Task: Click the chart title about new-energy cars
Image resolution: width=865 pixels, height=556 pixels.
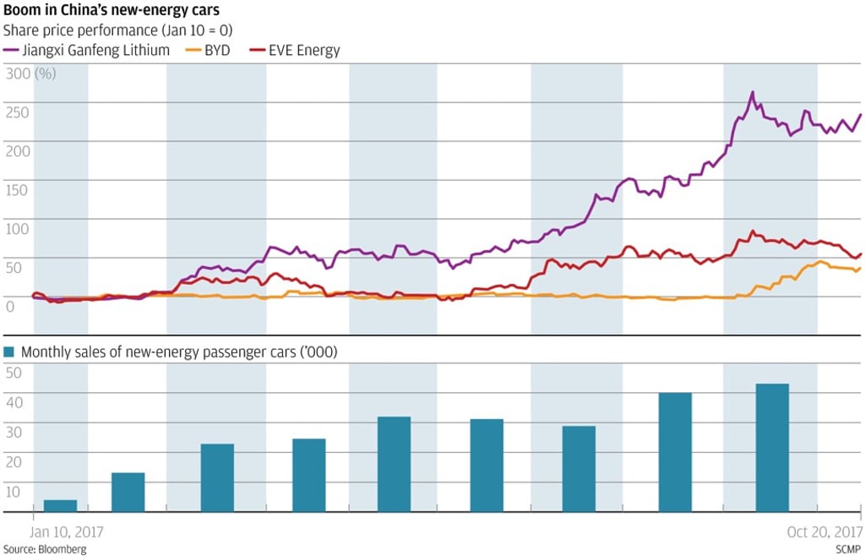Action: click(112, 12)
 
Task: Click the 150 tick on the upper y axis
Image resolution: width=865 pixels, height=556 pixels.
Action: click(17, 189)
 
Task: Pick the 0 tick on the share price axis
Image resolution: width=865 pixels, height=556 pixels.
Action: click(9, 305)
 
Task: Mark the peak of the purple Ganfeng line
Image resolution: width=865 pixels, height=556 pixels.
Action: click(752, 92)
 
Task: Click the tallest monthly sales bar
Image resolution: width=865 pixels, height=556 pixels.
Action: click(772, 448)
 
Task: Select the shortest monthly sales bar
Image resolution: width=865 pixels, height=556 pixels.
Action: click(60, 505)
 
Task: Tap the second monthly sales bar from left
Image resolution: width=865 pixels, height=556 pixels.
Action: click(128, 492)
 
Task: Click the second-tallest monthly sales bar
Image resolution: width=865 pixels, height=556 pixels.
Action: click(675, 452)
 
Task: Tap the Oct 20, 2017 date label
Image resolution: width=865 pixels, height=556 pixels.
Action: click(825, 532)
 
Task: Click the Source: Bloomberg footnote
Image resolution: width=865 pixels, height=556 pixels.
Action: click(44, 548)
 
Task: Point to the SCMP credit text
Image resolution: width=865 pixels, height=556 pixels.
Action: click(847, 548)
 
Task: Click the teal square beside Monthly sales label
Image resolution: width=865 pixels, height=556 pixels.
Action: click(9, 352)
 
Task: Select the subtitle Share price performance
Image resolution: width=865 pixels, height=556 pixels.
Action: click(118, 30)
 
